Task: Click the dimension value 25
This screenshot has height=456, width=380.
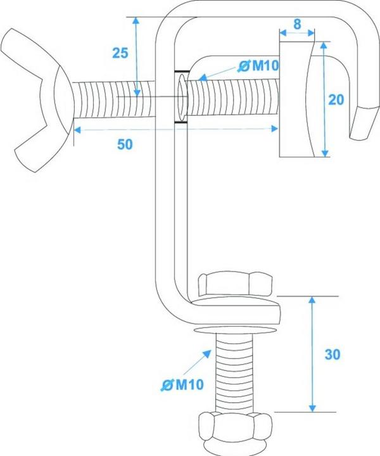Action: tap(120, 53)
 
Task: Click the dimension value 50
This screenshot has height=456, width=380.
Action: tap(125, 144)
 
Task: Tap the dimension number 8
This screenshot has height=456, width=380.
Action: tap(297, 25)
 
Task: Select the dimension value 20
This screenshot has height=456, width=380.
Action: tap(336, 100)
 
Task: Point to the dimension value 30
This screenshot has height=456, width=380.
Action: tap(332, 355)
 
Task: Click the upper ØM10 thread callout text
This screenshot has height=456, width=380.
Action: tap(258, 66)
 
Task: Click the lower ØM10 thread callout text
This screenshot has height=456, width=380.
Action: tap(182, 385)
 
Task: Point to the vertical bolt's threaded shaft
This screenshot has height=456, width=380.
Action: tap(234, 373)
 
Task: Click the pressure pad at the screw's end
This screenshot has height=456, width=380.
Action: tap(296, 99)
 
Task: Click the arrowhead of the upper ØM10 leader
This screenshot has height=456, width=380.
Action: tap(202, 77)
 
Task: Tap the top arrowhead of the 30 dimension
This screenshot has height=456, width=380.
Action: tap(312, 300)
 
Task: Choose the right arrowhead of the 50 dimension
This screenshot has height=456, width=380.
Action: tap(274, 129)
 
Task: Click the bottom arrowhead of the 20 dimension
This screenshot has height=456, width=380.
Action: tap(326, 153)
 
